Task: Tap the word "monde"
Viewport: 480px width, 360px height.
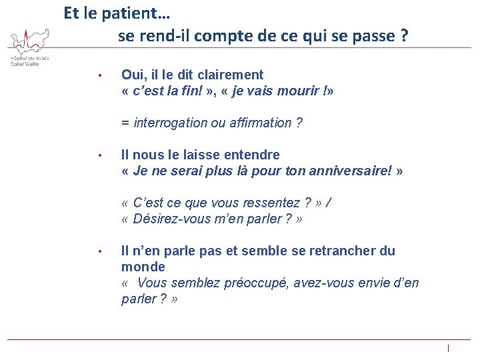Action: tap(143, 267)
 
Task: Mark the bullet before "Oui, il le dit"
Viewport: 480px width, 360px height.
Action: tap(99, 75)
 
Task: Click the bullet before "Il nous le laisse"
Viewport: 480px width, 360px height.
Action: tap(99, 155)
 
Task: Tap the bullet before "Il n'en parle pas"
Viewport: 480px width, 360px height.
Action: tap(99, 251)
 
